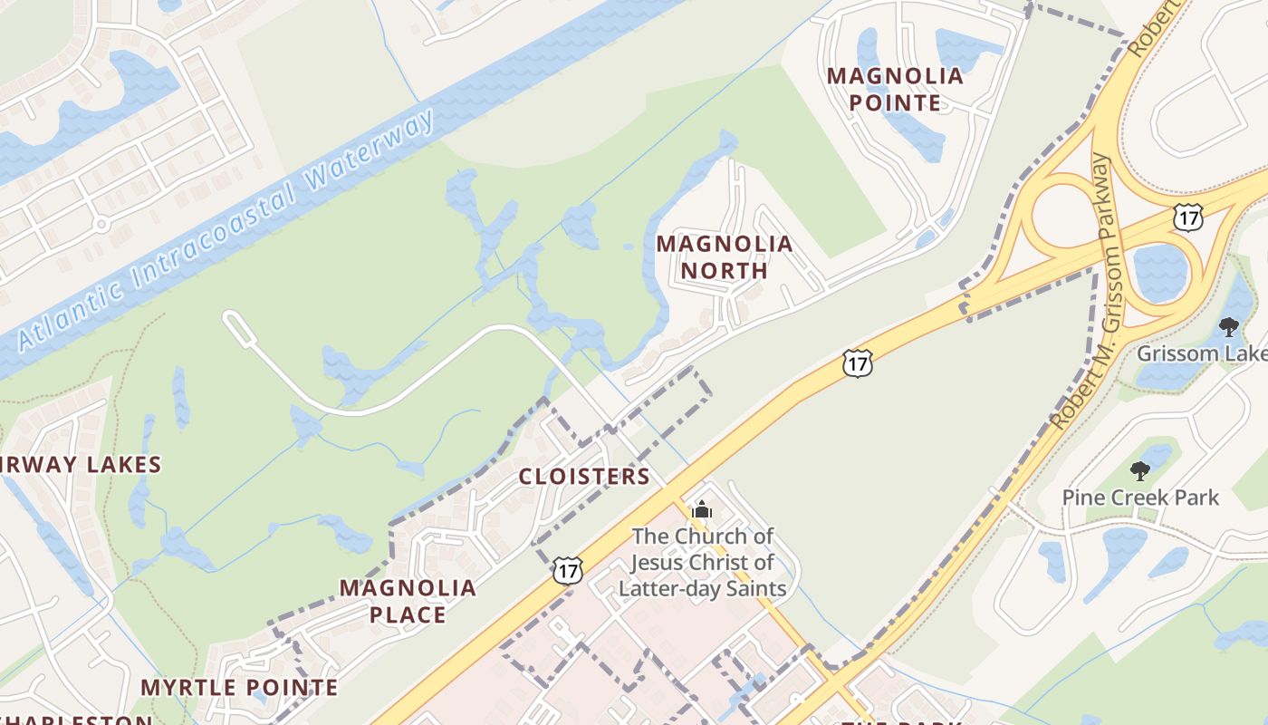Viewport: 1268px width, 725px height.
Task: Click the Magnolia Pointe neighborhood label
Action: [895, 89]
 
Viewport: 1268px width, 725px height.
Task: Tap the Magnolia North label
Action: [724, 257]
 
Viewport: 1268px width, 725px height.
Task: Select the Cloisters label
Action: [584, 477]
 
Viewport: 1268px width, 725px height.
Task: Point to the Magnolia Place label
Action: [408, 601]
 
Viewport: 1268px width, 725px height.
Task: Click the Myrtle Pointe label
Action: [239, 688]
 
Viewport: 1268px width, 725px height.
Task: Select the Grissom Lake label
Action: [1201, 353]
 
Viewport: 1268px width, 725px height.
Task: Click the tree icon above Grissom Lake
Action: [1228, 327]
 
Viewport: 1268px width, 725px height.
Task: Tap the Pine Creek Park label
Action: [1140, 498]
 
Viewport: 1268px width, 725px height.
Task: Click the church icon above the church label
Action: [702, 511]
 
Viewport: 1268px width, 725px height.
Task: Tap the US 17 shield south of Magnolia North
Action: [856, 363]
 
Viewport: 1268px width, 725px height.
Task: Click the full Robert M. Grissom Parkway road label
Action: [1082, 290]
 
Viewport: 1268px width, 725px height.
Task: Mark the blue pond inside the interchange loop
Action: [1160, 272]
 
